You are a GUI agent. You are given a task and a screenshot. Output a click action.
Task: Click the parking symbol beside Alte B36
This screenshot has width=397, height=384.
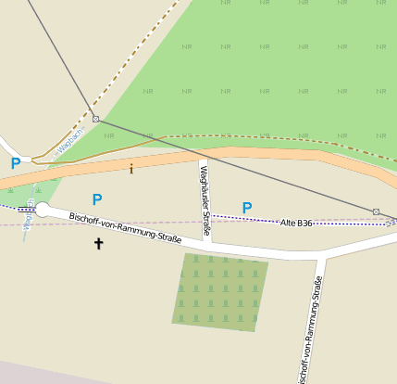point(246,208)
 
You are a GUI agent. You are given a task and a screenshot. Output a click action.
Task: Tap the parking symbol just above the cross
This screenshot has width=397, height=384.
point(97,199)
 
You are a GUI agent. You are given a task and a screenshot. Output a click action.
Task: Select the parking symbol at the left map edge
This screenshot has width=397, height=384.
point(16,164)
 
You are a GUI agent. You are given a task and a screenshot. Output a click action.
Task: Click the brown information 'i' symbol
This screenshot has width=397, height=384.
point(130,169)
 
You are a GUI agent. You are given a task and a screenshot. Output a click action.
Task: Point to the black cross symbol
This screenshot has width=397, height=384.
point(99,244)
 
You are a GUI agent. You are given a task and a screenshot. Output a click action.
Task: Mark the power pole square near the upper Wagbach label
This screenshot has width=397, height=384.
point(95,119)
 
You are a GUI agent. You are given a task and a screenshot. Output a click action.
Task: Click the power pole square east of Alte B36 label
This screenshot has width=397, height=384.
point(376,212)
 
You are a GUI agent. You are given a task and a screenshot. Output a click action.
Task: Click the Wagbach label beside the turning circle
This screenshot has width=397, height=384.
point(30,214)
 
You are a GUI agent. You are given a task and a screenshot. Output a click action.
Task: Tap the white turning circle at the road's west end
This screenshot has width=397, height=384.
point(42,210)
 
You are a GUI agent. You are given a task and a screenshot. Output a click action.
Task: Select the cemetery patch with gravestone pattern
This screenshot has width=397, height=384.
point(219,291)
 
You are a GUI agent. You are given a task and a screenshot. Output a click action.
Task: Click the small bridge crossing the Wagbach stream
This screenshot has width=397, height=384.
point(26,210)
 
